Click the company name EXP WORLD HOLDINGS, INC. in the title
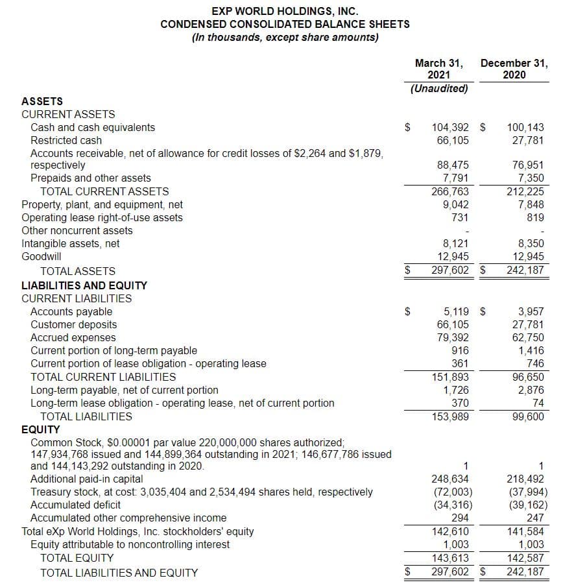[285, 11]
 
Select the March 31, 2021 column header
[439, 69]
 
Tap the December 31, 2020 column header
[514, 69]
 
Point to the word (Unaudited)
[439, 88]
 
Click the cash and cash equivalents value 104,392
[450, 128]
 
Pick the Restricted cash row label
[66, 140]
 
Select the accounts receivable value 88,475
[453, 165]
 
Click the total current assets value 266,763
[450, 191]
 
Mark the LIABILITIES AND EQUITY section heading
[84, 285]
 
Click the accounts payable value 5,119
[456, 311]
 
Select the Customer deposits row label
[74, 324]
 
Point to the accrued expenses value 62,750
[527, 337]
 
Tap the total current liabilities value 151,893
[450, 377]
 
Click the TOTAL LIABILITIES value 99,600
[527, 416]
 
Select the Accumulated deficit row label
[75, 505]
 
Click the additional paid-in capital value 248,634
[450, 479]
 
